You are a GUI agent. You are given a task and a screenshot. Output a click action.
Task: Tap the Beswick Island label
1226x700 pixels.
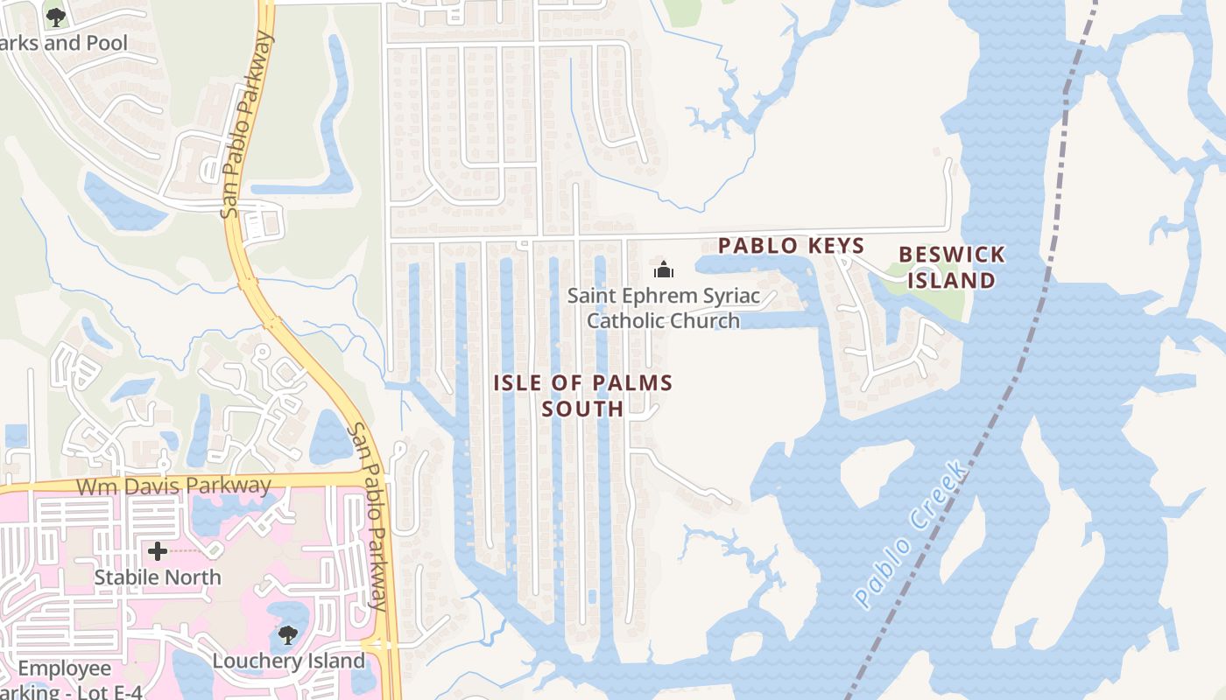click(952, 268)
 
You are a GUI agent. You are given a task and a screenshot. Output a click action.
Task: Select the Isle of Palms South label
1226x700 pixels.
click(583, 395)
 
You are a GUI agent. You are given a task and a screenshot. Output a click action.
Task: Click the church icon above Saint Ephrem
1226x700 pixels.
click(664, 269)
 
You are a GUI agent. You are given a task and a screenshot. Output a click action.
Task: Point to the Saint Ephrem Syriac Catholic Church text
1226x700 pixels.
click(664, 308)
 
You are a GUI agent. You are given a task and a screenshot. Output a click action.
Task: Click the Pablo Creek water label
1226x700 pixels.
click(912, 535)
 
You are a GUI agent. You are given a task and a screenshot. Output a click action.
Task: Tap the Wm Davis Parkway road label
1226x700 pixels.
click(173, 486)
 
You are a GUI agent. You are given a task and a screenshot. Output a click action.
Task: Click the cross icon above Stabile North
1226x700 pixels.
click(158, 551)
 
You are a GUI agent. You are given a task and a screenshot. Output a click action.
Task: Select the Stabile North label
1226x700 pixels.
click(158, 577)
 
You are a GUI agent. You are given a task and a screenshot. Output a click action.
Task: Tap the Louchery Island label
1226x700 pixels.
click(288, 661)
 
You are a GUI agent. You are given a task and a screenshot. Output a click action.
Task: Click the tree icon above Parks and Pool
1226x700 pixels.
click(55, 17)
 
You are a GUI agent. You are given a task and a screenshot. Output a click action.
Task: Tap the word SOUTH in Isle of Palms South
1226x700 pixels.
click(583, 409)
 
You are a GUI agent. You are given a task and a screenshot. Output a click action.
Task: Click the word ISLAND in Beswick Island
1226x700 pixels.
click(952, 281)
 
